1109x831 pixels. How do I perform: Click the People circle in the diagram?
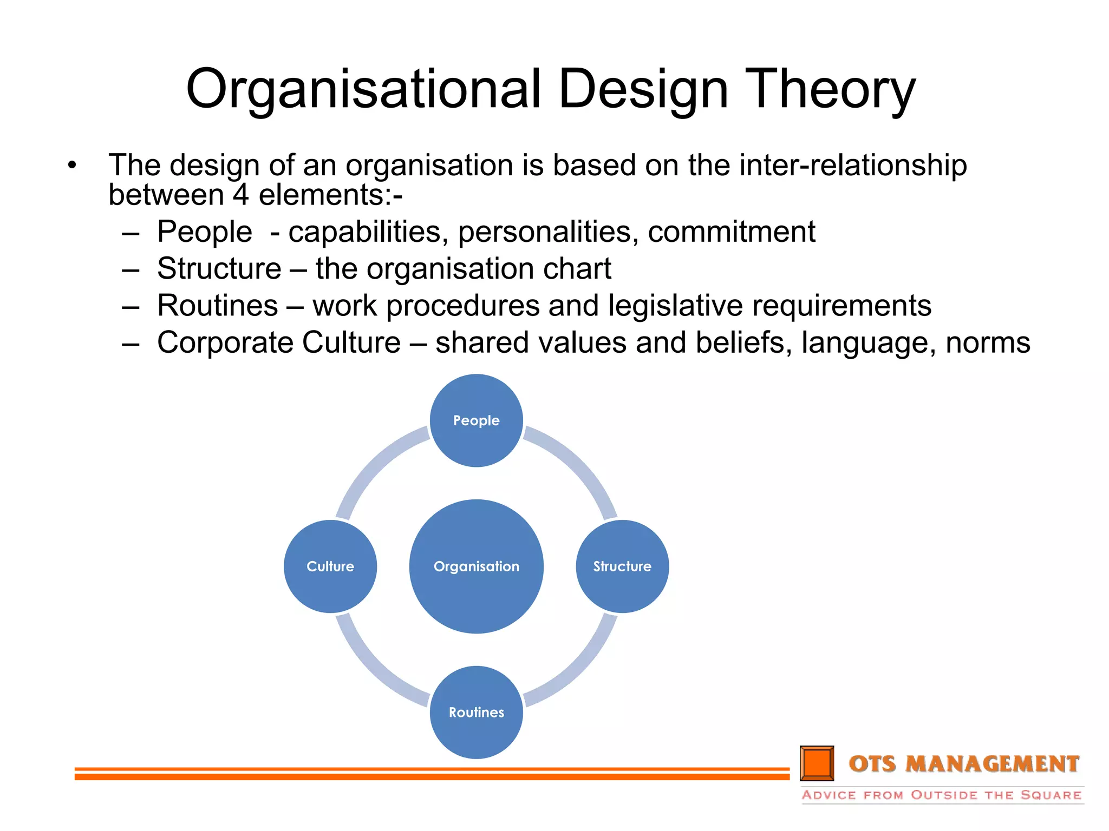pos(476,420)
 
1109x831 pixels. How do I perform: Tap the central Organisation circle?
pos(476,566)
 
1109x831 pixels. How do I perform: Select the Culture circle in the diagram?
pos(330,566)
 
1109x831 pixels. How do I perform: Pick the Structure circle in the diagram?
pos(622,566)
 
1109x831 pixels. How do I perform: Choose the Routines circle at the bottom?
pos(476,712)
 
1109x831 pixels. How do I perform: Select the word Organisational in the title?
pos(363,89)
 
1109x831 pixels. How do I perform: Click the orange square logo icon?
pos(817,763)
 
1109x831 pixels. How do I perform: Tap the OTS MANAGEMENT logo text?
pos(964,764)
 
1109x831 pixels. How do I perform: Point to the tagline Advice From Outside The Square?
pos(942,795)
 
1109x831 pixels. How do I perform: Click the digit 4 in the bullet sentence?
pos(241,195)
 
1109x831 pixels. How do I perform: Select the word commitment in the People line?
pos(731,232)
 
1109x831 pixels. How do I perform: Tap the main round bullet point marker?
pos(72,165)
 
